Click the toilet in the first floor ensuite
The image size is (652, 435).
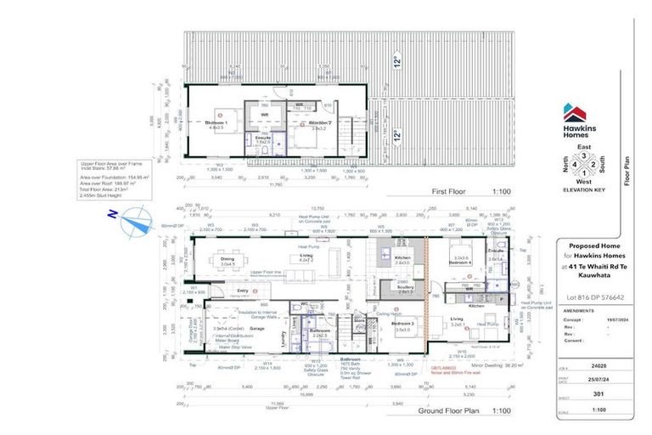pos(264,148)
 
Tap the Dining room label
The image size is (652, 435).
pos(227,262)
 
